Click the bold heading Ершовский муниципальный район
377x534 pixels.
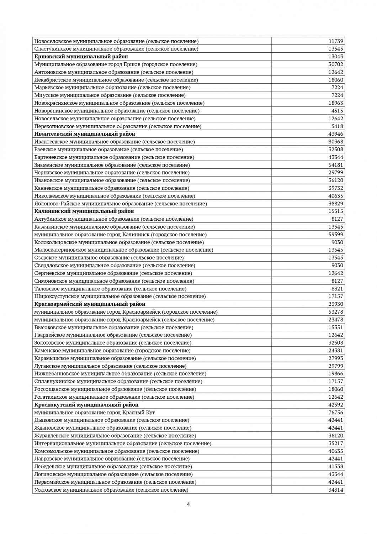point(81,57)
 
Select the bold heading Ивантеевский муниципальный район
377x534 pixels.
point(85,134)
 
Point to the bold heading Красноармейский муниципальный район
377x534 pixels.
point(90,304)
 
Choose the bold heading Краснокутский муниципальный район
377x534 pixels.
point(86,405)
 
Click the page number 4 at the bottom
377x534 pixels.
point(188,504)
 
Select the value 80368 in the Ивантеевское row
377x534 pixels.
point(336,142)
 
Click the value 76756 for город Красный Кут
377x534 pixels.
point(336,413)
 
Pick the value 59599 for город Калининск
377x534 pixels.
point(336,235)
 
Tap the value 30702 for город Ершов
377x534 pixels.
point(336,64)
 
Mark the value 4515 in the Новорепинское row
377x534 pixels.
point(337,111)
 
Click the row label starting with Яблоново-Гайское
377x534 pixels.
point(121,204)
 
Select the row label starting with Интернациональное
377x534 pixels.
point(123,443)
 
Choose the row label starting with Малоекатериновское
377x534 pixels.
point(124,250)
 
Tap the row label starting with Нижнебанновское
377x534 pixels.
point(120,374)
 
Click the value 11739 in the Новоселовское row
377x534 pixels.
point(336,41)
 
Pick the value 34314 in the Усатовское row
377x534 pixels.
point(336,490)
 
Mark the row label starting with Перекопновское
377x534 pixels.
point(118,126)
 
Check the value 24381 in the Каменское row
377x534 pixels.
point(336,351)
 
